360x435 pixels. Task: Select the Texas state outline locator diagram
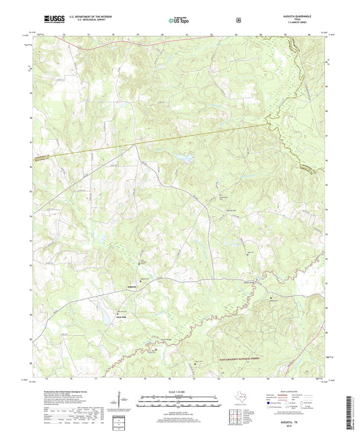pos(236,398)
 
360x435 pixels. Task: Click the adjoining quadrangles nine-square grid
pos(236,417)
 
